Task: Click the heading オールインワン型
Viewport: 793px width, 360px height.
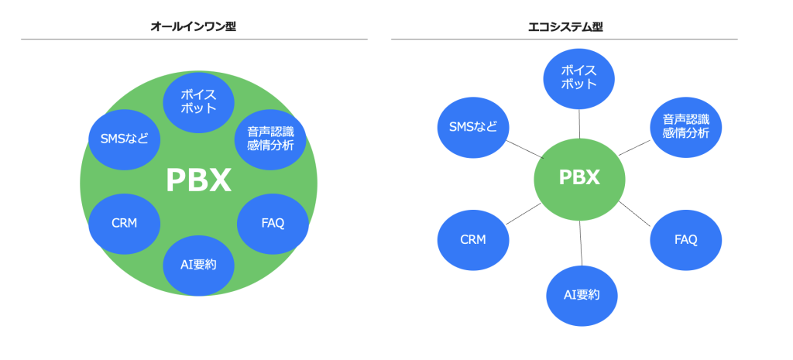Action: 194,26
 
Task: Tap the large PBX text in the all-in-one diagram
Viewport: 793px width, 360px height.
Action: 198,181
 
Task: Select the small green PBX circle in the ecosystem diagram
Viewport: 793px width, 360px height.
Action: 579,177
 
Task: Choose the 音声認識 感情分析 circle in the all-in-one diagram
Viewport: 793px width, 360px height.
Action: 270,138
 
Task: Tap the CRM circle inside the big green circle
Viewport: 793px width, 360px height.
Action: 125,223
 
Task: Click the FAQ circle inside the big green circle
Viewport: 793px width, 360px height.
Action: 273,223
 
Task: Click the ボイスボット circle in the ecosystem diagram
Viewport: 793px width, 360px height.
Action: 579,77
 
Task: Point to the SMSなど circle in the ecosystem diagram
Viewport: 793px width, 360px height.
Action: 473,126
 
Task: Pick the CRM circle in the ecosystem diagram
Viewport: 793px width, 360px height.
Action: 473,239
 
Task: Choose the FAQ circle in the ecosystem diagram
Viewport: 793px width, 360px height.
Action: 685,239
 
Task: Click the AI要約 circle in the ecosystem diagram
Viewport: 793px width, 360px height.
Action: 579,295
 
